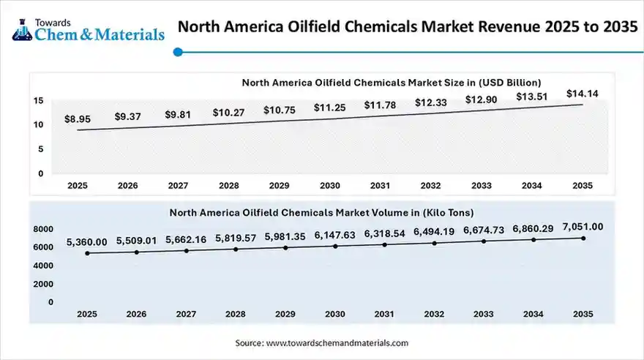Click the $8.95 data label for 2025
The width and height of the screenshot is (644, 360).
click(78, 118)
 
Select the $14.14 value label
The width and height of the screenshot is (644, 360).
click(582, 93)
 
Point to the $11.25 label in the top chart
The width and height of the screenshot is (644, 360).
click(329, 108)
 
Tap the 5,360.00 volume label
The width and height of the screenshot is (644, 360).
click(87, 242)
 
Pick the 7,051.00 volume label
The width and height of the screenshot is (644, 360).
click(583, 227)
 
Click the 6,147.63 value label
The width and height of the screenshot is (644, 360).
click(334, 236)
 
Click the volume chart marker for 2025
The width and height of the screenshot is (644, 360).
click(87, 253)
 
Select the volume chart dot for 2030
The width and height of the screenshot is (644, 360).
click(334, 246)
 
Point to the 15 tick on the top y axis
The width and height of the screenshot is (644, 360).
click(37, 100)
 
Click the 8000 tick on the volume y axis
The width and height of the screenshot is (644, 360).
click(43, 229)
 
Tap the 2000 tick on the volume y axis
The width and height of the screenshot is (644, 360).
click(43, 284)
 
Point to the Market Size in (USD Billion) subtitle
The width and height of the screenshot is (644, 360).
click(391, 82)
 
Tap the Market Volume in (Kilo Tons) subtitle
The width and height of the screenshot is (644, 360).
click(321, 212)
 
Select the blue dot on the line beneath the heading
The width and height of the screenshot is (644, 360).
click(177, 51)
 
